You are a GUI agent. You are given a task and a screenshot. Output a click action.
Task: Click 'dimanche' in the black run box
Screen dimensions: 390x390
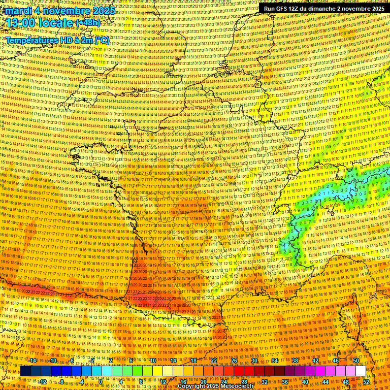pos(328,9)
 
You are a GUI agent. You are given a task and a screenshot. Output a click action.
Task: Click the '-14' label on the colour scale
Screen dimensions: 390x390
pos(32,361)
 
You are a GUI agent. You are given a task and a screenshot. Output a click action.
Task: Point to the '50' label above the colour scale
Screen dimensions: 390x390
pos(355,361)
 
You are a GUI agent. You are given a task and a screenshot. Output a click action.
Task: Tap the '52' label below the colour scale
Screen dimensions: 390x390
pos(365,382)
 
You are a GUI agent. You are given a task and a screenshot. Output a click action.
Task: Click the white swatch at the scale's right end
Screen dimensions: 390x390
pos(361,371)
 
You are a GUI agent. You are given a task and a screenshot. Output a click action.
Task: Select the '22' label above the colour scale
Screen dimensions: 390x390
pos(214,361)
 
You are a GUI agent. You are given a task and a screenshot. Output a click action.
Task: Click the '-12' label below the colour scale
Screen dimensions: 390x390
pos(43,382)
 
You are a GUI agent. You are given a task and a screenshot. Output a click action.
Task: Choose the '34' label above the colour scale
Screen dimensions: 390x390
pos(274,361)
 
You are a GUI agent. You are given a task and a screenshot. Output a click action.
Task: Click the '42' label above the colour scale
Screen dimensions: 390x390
pos(315,361)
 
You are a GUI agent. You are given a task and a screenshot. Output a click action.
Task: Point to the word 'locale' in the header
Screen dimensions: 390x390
pos(56,23)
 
